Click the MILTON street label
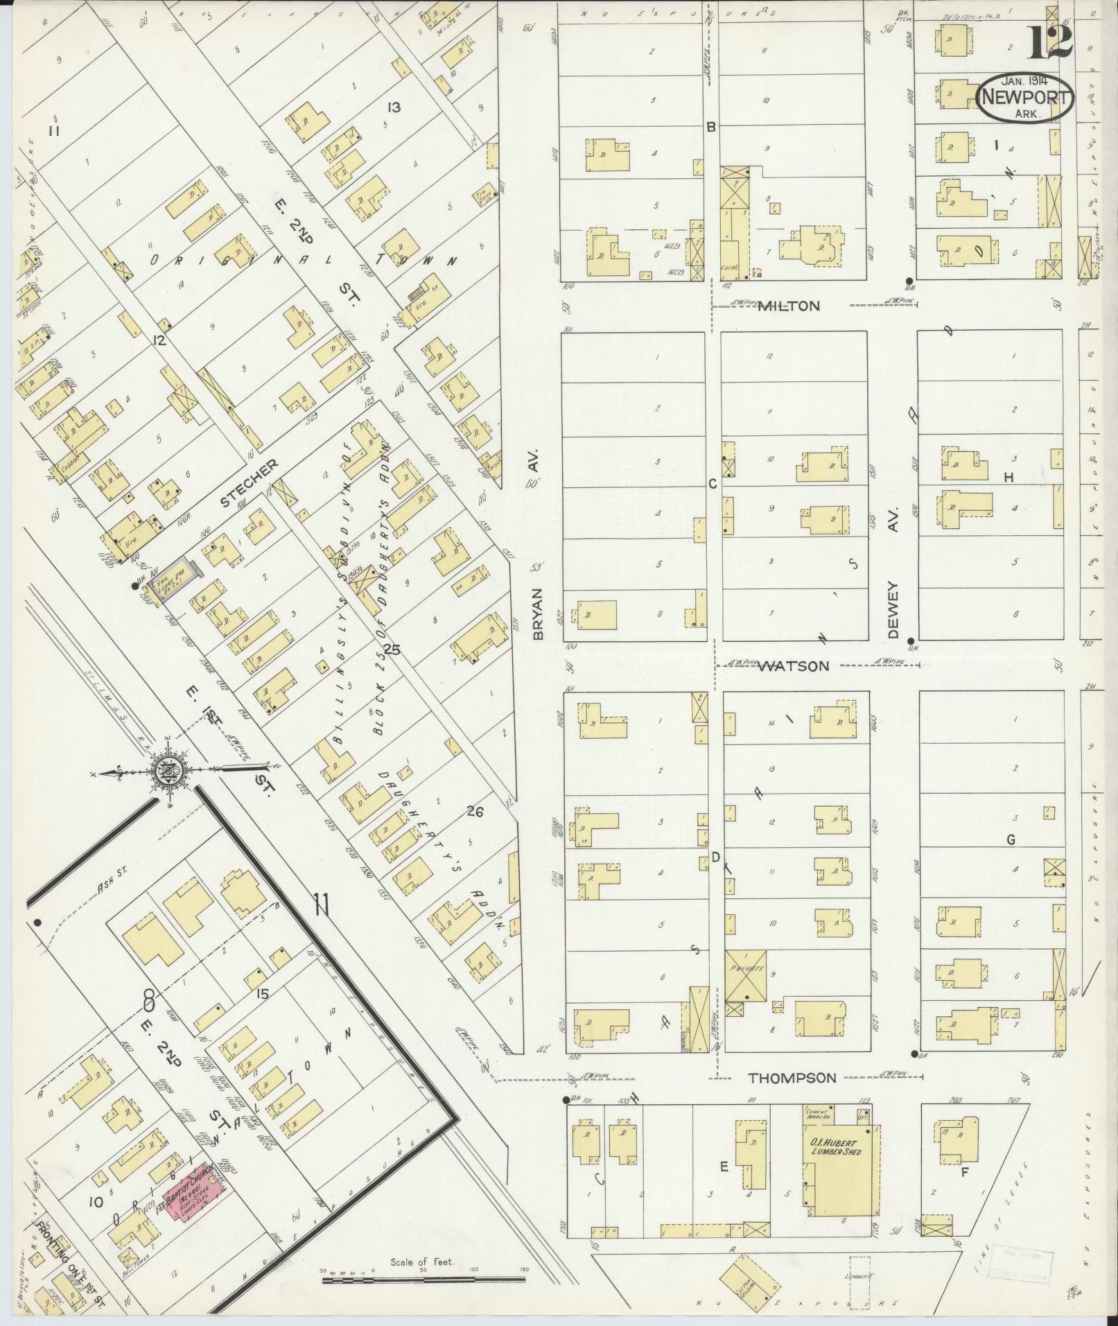coord(788,306)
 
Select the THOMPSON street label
coord(792,1078)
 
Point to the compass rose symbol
coord(168,771)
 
